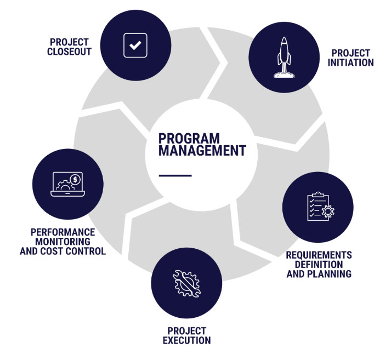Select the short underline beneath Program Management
[x=175, y=175]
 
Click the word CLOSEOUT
[x=70, y=52]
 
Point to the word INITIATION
[x=351, y=62]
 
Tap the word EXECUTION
[x=186, y=340]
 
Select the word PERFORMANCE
[x=63, y=232]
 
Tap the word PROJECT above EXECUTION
[x=186, y=331]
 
